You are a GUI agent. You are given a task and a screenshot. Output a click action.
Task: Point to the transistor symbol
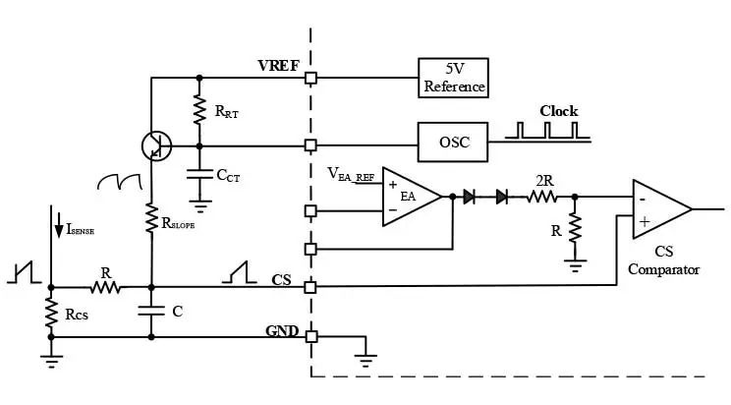(156, 146)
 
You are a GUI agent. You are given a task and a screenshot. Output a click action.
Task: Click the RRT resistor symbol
(199, 110)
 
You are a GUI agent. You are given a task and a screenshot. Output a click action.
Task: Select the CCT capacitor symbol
(199, 175)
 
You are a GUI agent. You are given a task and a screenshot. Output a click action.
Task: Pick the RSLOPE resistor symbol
(151, 218)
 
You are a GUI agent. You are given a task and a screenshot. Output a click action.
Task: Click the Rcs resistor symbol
(51, 313)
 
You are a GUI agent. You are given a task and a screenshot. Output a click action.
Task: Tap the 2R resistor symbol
(542, 198)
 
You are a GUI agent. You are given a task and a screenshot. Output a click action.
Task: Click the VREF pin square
(310, 78)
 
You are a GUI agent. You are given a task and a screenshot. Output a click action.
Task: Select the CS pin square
(310, 287)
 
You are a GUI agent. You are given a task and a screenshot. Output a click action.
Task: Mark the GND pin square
(310, 336)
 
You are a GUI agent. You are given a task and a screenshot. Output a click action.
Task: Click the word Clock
(558, 111)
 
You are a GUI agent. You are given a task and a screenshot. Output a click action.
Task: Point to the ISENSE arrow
(59, 225)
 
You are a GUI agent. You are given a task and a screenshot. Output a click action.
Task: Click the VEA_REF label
(351, 174)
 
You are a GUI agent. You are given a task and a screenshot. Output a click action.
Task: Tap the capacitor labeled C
(151, 311)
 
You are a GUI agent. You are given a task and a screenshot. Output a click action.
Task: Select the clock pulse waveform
(548, 131)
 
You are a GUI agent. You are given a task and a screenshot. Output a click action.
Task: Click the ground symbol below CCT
(200, 206)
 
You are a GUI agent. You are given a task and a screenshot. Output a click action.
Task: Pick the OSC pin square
(310, 145)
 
